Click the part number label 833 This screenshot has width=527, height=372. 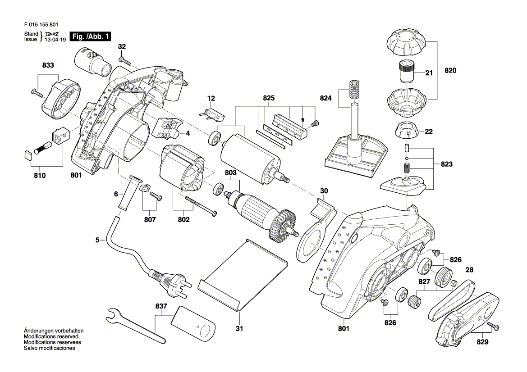click(x=48, y=65)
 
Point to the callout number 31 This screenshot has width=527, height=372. click(x=239, y=329)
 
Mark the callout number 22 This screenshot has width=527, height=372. click(x=429, y=132)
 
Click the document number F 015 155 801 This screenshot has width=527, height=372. click(x=40, y=25)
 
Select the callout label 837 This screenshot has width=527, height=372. click(x=161, y=306)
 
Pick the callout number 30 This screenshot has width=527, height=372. click(x=324, y=191)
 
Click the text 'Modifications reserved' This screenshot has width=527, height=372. click(x=51, y=336)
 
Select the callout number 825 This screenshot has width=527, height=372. click(x=269, y=98)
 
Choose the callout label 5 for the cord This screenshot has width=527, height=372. click(x=97, y=240)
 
